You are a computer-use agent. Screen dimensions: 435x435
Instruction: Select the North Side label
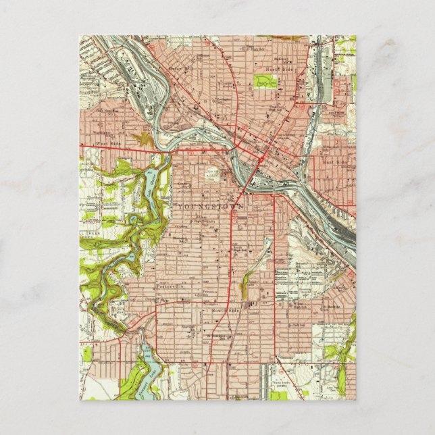[x=277, y=69]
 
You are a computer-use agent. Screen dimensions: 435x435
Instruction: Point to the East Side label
[x=333, y=163]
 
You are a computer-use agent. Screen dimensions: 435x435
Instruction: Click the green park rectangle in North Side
[x=265, y=82]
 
